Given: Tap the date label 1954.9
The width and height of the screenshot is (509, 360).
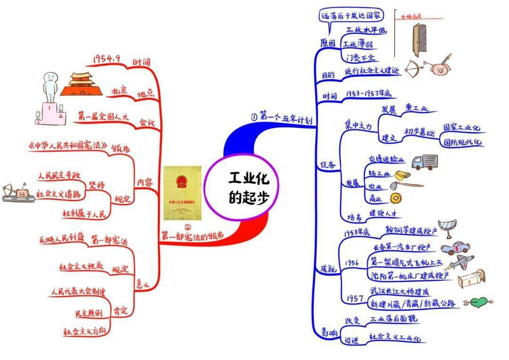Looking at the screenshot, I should [x=107, y=58].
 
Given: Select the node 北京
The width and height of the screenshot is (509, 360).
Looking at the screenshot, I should [x=120, y=90].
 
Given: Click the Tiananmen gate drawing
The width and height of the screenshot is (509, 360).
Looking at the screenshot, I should [x=80, y=84].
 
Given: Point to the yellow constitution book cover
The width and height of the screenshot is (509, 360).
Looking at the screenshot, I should [x=182, y=193].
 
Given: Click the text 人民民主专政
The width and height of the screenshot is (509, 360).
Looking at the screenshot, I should [x=60, y=177].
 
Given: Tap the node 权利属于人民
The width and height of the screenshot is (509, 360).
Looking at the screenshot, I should [x=85, y=213].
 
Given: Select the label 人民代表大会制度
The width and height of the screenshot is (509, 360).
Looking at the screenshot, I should [x=79, y=290].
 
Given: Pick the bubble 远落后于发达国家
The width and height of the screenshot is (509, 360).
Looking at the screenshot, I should [x=352, y=16].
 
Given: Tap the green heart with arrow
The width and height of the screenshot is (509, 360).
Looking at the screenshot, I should [x=478, y=301].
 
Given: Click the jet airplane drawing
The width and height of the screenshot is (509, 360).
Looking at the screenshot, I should [x=460, y=262].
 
